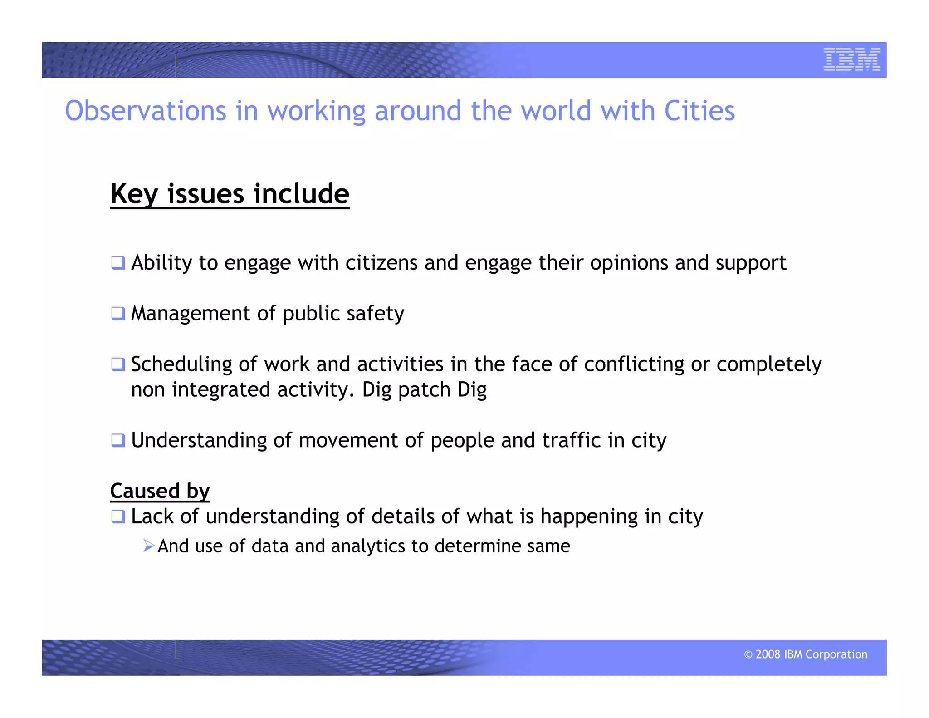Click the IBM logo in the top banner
coord(851,59)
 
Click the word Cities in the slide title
coord(699,111)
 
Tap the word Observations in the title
coord(145,111)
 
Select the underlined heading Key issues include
coord(230,194)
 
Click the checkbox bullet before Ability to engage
coord(118,263)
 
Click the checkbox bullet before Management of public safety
coord(118,313)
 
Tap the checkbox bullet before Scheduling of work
coord(118,364)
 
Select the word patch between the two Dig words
coord(424,390)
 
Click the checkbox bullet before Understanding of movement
coord(118,440)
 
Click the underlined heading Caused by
coord(160,491)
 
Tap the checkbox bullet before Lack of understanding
coord(118,516)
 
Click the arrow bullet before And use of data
coord(148,546)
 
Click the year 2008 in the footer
coord(768,654)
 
